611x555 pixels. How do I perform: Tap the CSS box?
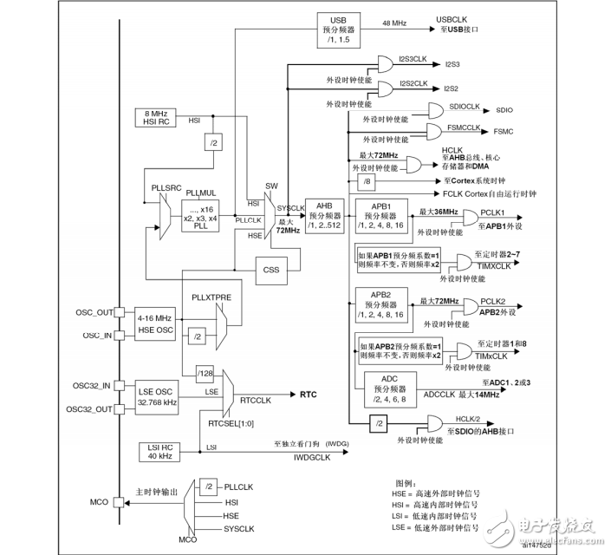(270, 269)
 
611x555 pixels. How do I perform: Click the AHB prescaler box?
(325, 214)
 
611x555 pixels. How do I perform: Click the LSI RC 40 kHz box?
(158, 451)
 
